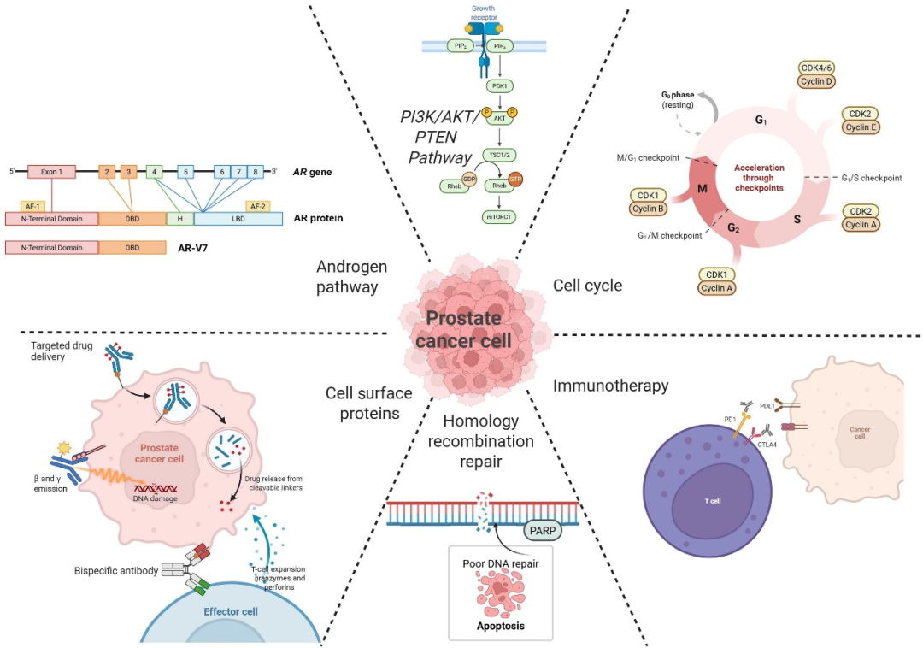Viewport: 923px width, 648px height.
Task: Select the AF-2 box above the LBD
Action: click(257, 205)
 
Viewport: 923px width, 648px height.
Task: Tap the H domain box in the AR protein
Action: click(180, 218)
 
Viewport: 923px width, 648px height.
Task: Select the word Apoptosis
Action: click(500, 625)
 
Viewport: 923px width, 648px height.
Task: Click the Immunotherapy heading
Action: click(610, 386)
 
